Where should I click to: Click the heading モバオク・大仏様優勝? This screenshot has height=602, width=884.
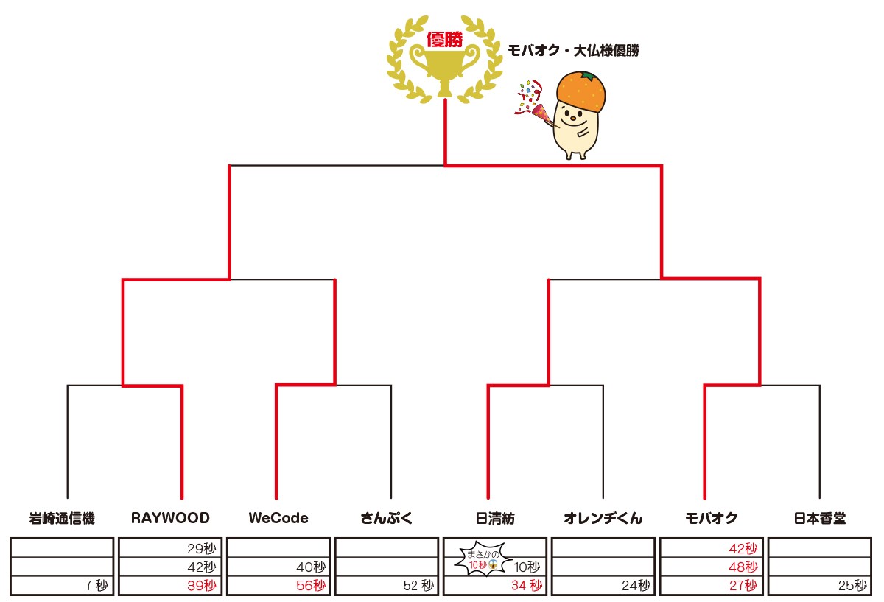click(573, 51)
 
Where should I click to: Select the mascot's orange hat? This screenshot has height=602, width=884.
click(582, 90)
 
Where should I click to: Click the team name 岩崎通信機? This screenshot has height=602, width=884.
click(62, 518)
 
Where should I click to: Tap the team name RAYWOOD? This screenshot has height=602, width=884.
click(170, 518)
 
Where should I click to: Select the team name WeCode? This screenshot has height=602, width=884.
click(278, 518)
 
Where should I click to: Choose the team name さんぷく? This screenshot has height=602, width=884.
click(387, 518)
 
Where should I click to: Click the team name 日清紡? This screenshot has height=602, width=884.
click(494, 518)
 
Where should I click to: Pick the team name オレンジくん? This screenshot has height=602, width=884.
click(603, 518)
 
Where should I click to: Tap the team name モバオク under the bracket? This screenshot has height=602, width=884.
click(711, 518)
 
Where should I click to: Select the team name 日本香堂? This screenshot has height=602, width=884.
click(819, 518)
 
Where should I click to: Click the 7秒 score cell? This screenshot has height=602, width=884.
click(96, 586)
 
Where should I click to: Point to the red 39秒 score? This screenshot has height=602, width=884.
click(202, 586)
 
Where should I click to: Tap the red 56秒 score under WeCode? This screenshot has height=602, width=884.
click(309, 586)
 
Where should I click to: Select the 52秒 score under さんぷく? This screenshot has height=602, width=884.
click(418, 586)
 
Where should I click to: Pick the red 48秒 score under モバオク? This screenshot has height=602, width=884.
click(743, 567)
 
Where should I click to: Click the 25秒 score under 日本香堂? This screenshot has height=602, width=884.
click(852, 586)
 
